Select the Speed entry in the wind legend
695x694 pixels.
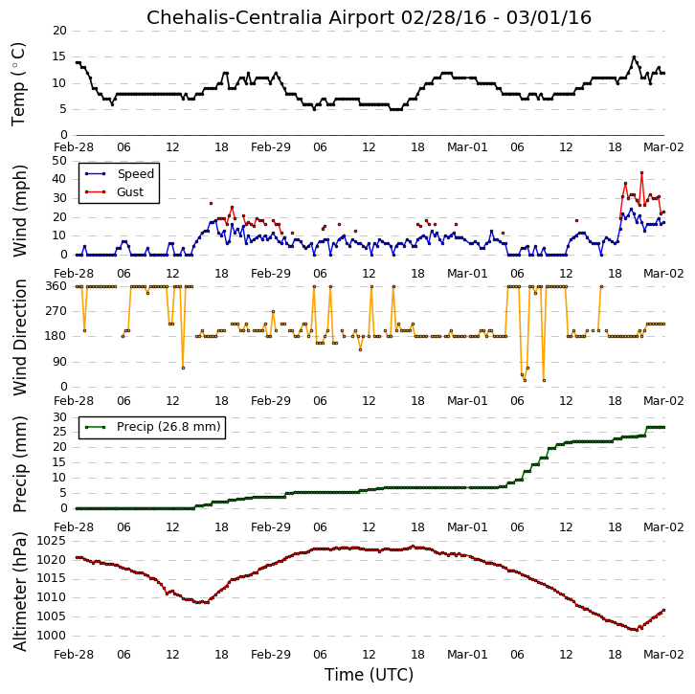pyautogui.click(x=136, y=173)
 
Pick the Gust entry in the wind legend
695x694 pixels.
pyautogui.click(x=130, y=191)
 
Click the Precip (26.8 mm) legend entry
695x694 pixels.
pyautogui.click(x=168, y=427)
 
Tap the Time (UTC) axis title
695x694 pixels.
pyautogui.click(x=369, y=675)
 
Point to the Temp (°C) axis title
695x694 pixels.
pyautogui.click(x=18, y=84)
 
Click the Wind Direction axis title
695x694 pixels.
pyautogui.click(x=19, y=337)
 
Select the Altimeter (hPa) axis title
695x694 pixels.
pyautogui.click(x=19, y=592)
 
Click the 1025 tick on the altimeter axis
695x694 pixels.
pyautogui.click(x=52, y=541)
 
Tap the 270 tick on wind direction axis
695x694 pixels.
pyautogui.click(x=56, y=311)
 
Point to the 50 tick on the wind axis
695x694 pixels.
pyautogui.click(x=59, y=161)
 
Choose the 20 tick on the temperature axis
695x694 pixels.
pyautogui.click(x=59, y=31)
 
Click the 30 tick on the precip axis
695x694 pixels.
pyautogui.click(x=59, y=417)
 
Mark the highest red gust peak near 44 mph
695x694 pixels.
pyautogui.click(x=641, y=173)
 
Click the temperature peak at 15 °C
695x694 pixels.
pyautogui.click(x=634, y=57)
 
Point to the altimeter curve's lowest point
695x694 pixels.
pyautogui.click(x=637, y=630)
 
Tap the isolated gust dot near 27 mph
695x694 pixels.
pyautogui.click(x=211, y=203)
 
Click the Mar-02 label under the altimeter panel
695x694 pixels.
pyautogui.click(x=663, y=654)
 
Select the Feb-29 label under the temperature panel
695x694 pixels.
pyautogui.click(x=271, y=147)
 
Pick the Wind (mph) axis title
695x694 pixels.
pyautogui.click(x=19, y=211)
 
